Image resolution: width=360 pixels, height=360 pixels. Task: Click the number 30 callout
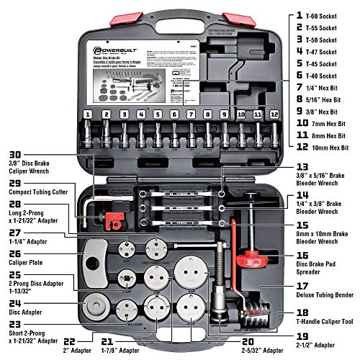(x=12, y=153)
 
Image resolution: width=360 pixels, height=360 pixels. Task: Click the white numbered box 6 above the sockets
(x=174, y=114)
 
